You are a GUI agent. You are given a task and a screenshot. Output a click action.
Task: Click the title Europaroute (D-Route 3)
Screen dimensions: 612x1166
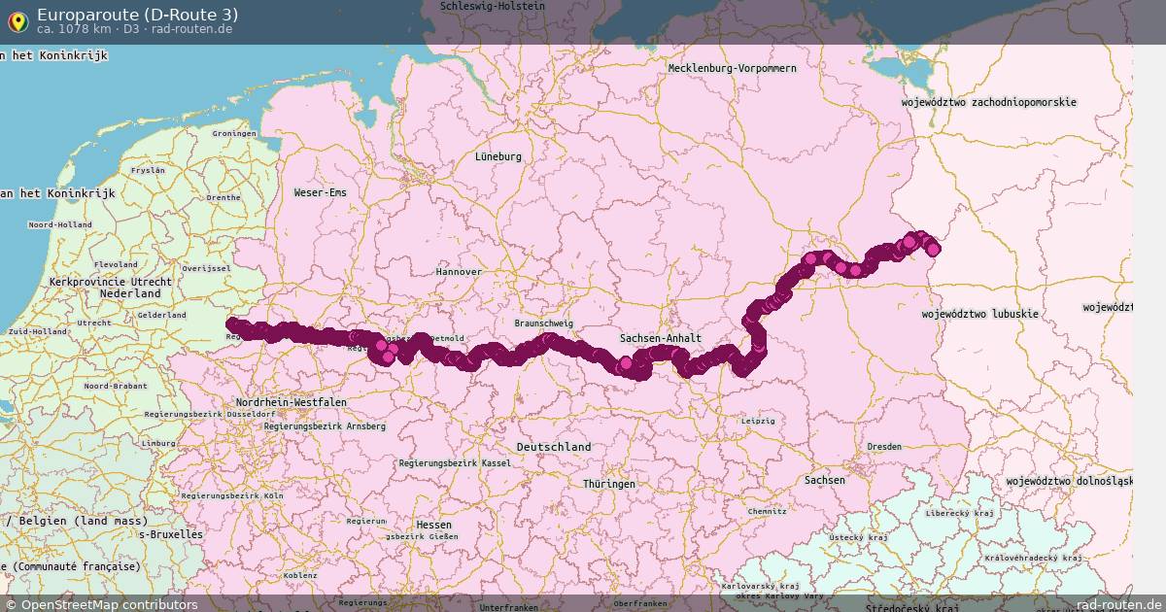click(x=137, y=15)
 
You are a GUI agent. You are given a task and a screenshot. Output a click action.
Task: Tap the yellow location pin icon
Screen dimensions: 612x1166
click(x=17, y=20)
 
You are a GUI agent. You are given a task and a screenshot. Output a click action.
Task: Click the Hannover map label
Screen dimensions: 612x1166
click(x=458, y=272)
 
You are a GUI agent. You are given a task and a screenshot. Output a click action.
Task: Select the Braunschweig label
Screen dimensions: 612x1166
click(x=544, y=323)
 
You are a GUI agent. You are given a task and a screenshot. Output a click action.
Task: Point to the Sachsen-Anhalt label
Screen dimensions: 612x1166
click(x=661, y=338)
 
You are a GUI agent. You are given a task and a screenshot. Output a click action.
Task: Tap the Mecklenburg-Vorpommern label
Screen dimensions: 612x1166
click(x=732, y=68)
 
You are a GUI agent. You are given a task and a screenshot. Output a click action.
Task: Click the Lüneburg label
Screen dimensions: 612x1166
click(x=498, y=156)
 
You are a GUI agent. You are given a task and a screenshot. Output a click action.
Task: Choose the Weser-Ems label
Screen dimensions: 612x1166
click(x=320, y=192)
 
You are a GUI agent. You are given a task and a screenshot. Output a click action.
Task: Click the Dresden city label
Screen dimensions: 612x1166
click(x=884, y=446)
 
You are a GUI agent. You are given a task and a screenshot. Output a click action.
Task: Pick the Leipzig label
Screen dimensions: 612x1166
click(x=758, y=421)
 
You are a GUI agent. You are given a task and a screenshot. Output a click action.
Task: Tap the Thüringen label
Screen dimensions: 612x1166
click(x=609, y=484)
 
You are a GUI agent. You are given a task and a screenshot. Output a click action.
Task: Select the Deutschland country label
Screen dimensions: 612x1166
click(x=554, y=447)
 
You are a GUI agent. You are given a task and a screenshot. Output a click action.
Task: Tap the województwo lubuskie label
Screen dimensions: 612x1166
click(x=979, y=314)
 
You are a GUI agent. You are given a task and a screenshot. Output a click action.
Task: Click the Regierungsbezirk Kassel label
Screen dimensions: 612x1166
click(x=455, y=463)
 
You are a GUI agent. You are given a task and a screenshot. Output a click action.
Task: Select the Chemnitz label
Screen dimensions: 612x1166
click(x=767, y=510)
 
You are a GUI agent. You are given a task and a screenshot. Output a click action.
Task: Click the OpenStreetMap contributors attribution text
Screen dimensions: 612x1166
click(x=109, y=605)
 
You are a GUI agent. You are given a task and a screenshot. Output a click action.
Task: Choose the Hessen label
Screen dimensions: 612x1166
click(x=433, y=525)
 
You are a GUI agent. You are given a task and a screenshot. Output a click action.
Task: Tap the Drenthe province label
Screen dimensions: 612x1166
click(x=223, y=197)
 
